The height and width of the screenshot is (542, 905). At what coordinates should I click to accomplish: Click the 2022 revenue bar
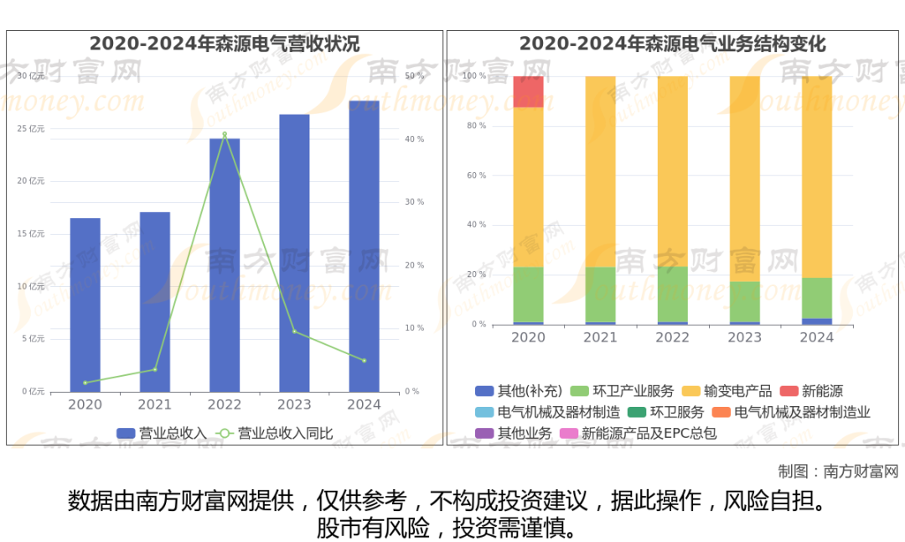click(225, 264)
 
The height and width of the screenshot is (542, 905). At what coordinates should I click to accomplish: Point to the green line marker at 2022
click(225, 134)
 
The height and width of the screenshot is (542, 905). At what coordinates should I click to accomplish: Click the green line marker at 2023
click(294, 331)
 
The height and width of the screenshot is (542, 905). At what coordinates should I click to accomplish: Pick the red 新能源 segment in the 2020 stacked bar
click(528, 91)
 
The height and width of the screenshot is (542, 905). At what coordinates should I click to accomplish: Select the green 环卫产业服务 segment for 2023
click(745, 301)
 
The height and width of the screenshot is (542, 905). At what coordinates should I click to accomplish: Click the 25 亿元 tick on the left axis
click(31, 128)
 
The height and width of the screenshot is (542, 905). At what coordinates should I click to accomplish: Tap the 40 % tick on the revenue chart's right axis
click(414, 139)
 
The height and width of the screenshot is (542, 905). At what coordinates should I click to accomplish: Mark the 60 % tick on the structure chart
click(476, 175)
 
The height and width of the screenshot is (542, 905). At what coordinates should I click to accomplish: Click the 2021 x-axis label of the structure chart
click(600, 337)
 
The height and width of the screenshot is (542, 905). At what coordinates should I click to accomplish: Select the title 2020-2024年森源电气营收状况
click(225, 44)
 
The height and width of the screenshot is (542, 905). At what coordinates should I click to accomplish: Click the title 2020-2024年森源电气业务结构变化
click(672, 44)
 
